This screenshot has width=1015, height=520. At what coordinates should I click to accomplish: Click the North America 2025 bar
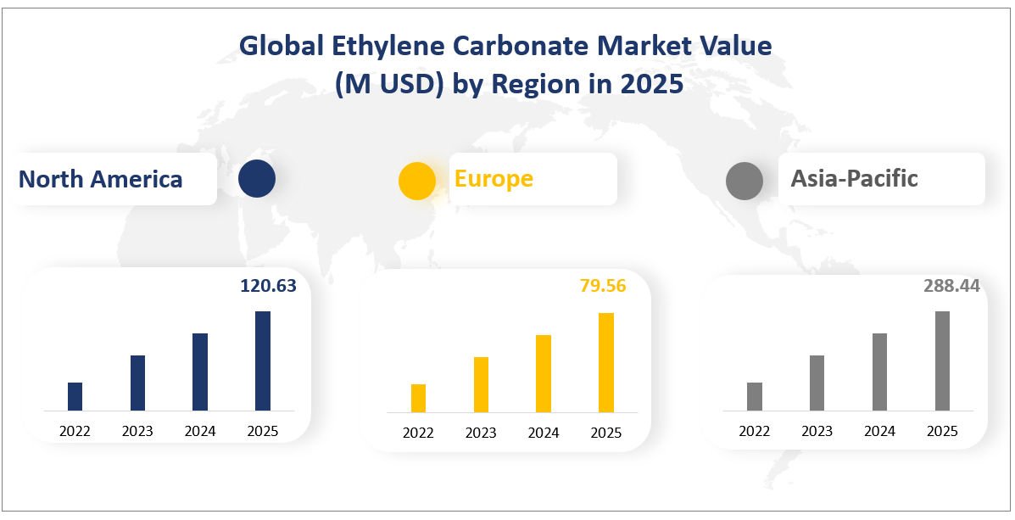[263, 361]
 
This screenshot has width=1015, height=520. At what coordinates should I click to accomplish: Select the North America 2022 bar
[75, 396]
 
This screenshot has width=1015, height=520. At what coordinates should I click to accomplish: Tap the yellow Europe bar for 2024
[544, 373]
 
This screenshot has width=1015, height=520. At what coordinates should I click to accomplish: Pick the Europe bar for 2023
[481, 384]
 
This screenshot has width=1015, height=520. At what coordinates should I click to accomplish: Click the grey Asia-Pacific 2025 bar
[942, 361]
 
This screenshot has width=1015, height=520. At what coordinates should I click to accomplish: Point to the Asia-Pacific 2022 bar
[755, 396]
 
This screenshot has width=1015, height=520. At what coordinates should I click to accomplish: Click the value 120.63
[268, 286]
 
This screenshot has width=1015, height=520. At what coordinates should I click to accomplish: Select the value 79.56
[603, 286]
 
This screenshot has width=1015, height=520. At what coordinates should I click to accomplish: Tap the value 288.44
[951, 286]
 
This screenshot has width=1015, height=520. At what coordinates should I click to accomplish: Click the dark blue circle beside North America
[257, 179]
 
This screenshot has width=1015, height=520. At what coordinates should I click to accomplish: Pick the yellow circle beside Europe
[417, 181]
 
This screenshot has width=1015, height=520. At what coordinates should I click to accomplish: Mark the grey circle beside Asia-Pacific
[745, 181]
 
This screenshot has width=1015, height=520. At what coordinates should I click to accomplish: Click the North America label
[100, 179]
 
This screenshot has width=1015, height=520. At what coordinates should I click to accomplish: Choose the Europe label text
[494, 178]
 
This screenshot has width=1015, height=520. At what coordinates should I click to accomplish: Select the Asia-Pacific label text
[854, 178]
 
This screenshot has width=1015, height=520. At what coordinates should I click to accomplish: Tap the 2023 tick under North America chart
[137, 431]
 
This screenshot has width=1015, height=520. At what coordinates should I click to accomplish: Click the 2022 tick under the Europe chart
[418, 433]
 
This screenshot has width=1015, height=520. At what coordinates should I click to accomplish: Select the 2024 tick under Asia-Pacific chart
[879, 431]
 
